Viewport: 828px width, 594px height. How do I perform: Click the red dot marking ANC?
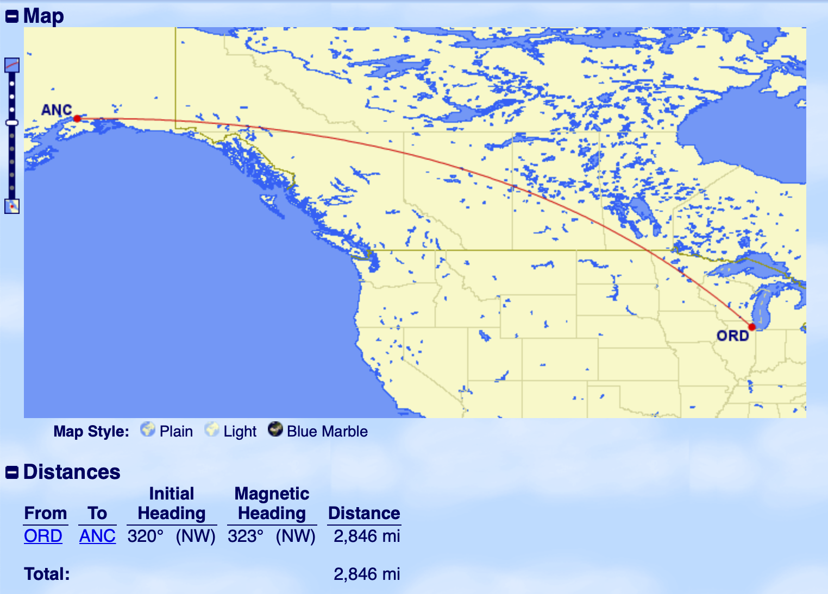point(77,118)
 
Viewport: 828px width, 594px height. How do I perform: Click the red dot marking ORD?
point(752,327)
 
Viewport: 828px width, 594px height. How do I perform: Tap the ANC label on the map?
point(57,110)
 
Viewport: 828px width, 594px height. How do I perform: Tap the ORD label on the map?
point(733,336)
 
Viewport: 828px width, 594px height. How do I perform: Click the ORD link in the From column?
point(43,536)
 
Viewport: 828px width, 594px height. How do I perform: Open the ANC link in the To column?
point(97,536)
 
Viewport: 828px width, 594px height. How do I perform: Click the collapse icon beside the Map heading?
point(11,17)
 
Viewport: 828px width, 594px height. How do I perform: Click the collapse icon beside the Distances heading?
point(11,472)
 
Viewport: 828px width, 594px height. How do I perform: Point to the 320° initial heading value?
point(146,536)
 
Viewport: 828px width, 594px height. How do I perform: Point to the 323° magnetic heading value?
point(246,536)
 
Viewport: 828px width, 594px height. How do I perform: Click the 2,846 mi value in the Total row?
point(367,574)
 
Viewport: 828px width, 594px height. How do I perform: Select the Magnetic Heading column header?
point(272,503)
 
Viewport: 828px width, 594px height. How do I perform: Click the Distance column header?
point(364,513)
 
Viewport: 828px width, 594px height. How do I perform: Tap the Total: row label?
point(47,574)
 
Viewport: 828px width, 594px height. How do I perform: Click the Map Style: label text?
point(91,432)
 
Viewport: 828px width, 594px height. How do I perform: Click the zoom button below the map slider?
point(12,206)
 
